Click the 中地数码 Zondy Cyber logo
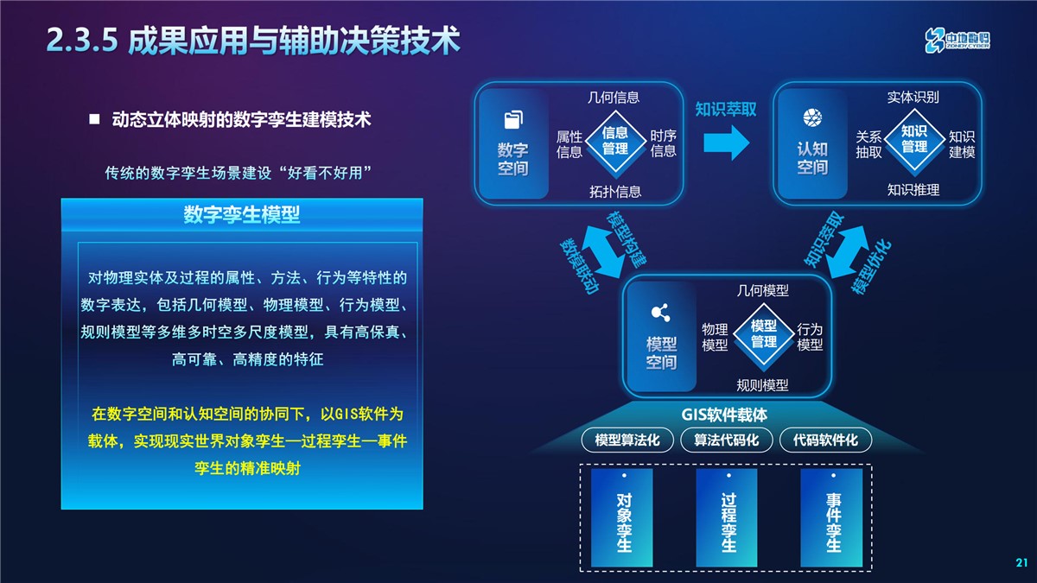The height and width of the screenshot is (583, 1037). coord(957,41)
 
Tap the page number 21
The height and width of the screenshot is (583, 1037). coord(1022,562)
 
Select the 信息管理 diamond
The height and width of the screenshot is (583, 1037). coord(615,141)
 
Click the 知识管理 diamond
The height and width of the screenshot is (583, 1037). coord(914,140)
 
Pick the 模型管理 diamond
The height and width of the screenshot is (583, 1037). coord(764,334)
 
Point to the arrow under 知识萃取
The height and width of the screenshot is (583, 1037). coord(727,143)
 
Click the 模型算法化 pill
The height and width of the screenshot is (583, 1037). coord(627,440)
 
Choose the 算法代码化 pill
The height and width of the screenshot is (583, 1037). coord(727,440)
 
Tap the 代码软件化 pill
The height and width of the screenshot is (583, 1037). coord(825,440)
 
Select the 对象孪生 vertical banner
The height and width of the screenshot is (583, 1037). coord(621,517)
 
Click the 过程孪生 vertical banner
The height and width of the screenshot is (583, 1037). coord(727,517)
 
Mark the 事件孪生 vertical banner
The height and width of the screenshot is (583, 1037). coord(831,517)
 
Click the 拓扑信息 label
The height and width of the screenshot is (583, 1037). coord(615,192)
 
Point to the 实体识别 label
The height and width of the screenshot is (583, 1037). coord(913,97)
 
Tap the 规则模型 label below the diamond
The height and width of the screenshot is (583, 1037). coord(762,385)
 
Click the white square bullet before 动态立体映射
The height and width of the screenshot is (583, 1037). coord(94,119)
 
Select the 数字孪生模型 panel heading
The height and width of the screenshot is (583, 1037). coord(242,215)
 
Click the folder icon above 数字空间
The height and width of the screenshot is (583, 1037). coord(513,120)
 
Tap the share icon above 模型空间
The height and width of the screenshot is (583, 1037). coord(660,313)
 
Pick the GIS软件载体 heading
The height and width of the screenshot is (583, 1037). coord(724,415)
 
